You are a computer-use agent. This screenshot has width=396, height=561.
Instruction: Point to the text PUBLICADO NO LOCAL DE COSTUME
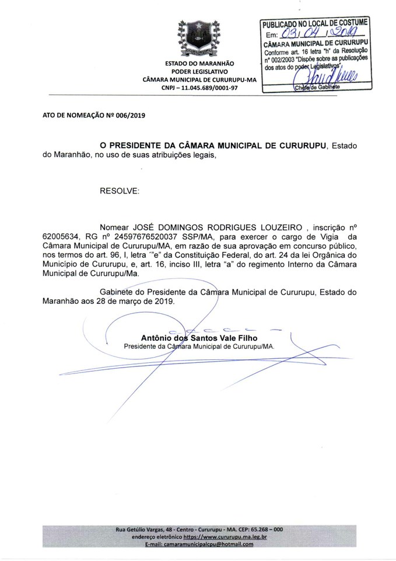[315, 23]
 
